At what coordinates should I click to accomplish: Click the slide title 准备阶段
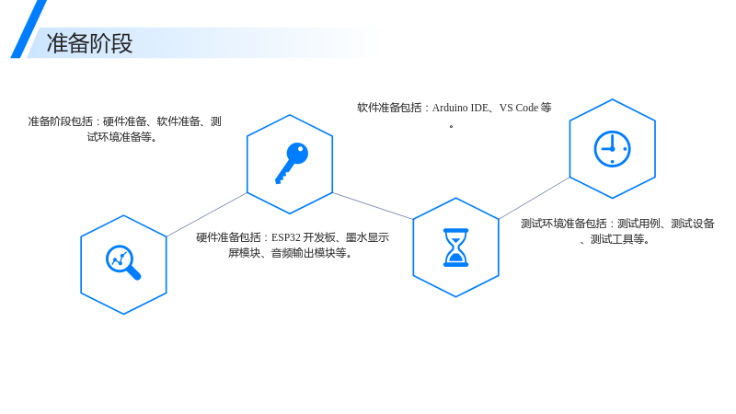click(89, 43)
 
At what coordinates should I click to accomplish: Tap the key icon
click(292, 163)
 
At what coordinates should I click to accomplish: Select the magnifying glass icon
click(123, 262)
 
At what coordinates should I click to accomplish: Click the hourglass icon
click(455, 247)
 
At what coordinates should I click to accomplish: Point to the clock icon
click(612, 149)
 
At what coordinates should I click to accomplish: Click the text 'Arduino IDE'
click(461, 108)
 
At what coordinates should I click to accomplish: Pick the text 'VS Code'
click(519, 108)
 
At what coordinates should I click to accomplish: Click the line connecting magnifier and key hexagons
click(206, 214)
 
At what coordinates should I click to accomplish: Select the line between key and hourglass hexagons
click(373, 205)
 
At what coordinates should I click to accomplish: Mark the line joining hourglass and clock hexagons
click(535, 198)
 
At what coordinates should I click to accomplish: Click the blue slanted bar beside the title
click(29, 29)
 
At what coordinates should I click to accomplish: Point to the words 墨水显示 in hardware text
click(367, 237)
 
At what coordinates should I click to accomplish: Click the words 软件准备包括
click(389, 108)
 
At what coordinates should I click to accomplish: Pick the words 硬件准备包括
click(228, 237)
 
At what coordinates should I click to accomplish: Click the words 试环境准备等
click(120, 137)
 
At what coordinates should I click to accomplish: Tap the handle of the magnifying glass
click(134, 273)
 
